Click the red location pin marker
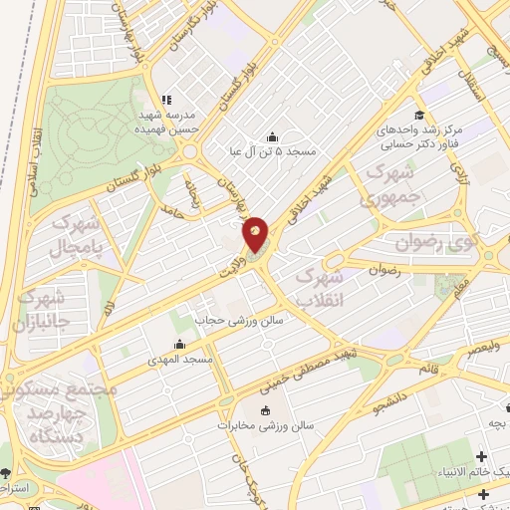[256, 235]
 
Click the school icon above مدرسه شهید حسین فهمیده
[167, 100]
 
